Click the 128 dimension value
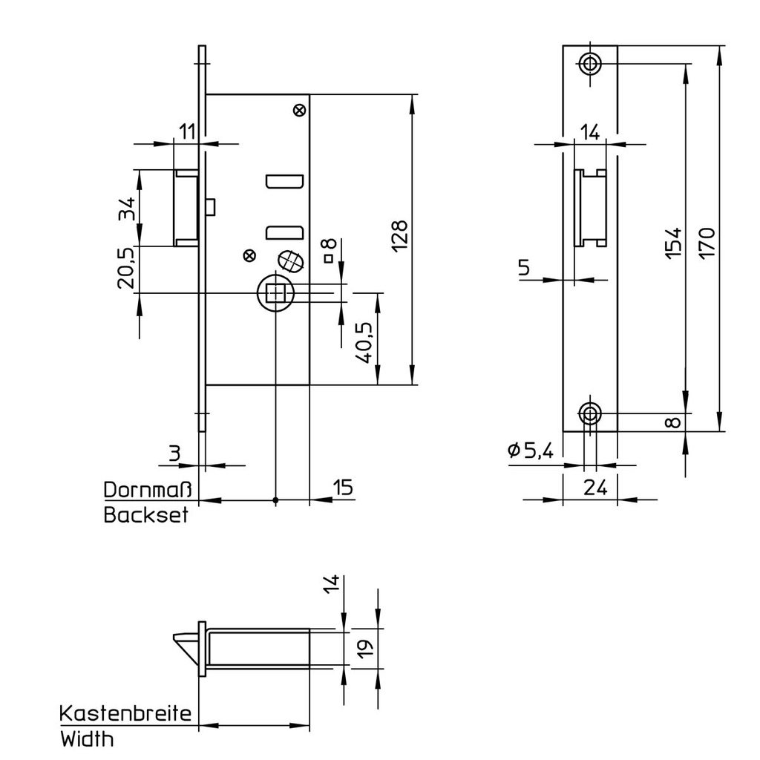click(399, 236)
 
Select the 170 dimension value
click(707, 241)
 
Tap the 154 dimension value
click(672, 241)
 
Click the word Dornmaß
click(148, 490)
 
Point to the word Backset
click(145, 515)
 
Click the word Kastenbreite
click(125, 714)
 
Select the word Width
click(87, 739)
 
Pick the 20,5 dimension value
click(125, 267)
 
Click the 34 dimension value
click(125, 209)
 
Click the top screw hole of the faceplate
click(590, 63)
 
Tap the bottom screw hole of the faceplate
click(590, 413)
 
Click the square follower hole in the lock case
click(275, 294)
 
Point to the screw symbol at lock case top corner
click(299, 110)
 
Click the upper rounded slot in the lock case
click(284, 182)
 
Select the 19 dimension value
click(365, 649)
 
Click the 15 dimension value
click(342, 488)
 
